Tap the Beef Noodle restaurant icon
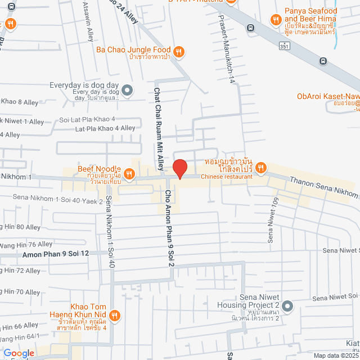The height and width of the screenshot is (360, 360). pos(129,174)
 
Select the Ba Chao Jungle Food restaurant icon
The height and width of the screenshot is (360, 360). pos(178,52)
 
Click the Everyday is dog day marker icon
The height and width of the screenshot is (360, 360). pos(128,89)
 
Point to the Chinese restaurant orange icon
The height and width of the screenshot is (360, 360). pos(260,167)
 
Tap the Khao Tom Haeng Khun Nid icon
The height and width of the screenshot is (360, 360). pos(115,314)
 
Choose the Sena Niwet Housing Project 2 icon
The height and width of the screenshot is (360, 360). pos(287,305)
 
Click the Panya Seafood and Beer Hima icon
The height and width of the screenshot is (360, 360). pos(275,20)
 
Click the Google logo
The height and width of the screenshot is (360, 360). pos(19,353)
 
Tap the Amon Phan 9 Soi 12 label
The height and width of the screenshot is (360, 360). pos(56,255)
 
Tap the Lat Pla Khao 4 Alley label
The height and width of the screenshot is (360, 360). pos(105,128)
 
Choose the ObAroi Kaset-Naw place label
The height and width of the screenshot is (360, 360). pos(327,96)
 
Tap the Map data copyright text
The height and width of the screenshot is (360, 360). pos(336,355)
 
